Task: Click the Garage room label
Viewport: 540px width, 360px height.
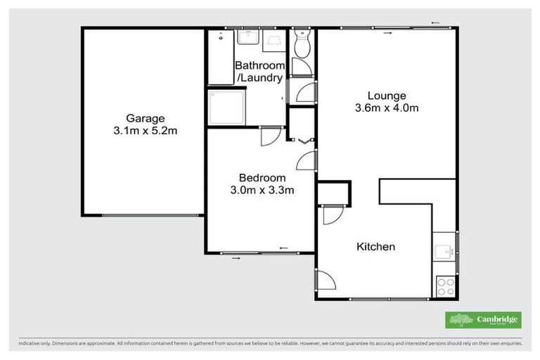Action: coord(145,118)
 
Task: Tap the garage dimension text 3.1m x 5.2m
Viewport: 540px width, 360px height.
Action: coord(145,131)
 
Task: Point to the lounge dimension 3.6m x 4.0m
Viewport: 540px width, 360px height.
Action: coord(387,108)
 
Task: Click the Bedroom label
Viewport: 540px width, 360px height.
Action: coord(262,177)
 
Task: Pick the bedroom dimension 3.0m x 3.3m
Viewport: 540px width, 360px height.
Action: coord(262,190)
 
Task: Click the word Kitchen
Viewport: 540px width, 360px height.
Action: coord(375,247)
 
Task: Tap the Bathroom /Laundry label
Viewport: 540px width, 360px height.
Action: coord(259,72)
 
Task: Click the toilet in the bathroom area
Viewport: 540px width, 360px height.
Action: coord(302,46)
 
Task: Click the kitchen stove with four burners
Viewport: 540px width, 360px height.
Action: coord(445,285)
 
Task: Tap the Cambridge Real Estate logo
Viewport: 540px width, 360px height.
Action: coord(483,320)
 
